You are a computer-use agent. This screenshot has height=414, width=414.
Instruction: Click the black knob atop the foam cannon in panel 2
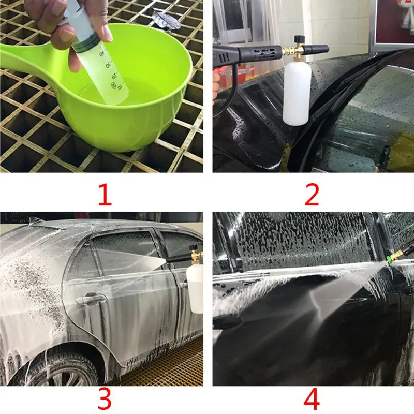(299, 38)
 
